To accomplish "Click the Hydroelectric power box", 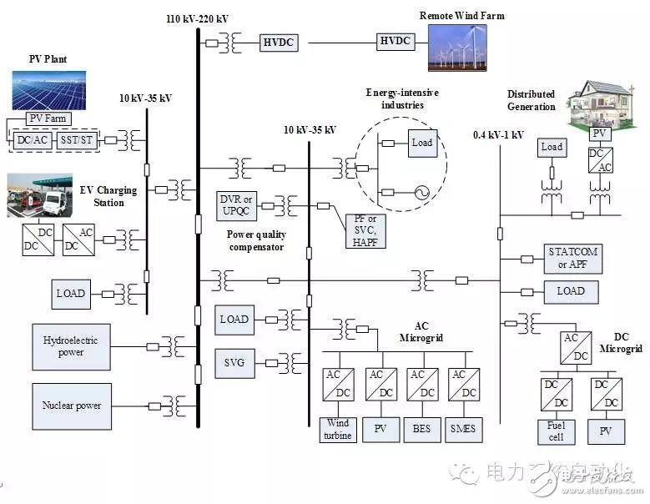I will tap(71, 346).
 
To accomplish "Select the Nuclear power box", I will tap(71, 406).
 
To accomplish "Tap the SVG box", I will tap(234, 362).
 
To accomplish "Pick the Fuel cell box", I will tap(555, 431).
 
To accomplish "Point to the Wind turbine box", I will tap(338, 430).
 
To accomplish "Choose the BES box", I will tap(421, 430).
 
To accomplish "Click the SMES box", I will tap(463, 430).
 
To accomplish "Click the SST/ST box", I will tap(76, 140).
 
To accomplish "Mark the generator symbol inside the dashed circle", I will tap(421, 193).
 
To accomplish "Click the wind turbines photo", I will tap(457, 47).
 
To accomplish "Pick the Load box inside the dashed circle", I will tap(422, 143).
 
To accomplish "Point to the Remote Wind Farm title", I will tap(461, 15).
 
